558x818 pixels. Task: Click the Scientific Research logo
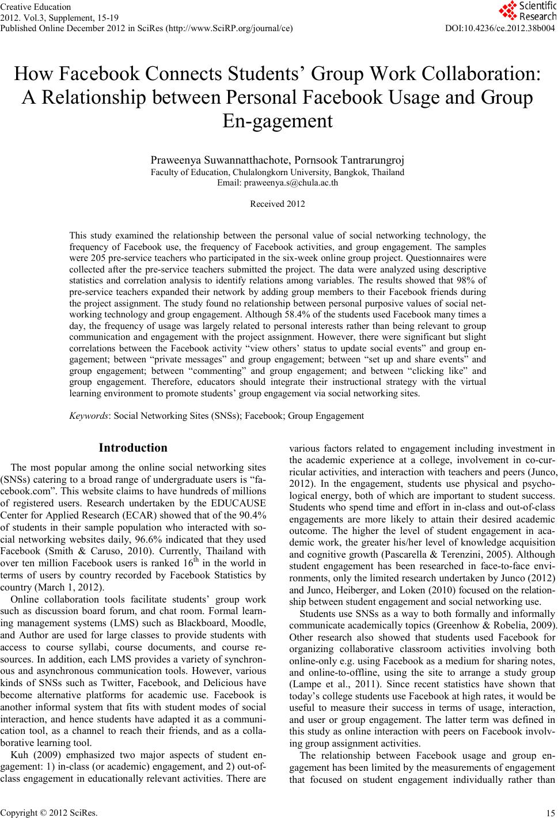pyautogui.click(x=526, y=11)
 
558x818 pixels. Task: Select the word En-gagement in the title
pyautogui.click(x=277, y=121)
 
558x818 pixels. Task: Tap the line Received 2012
pyautogui.click(x=277, y=204)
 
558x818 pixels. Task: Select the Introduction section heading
pyautogui.click(x=133, y=448)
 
